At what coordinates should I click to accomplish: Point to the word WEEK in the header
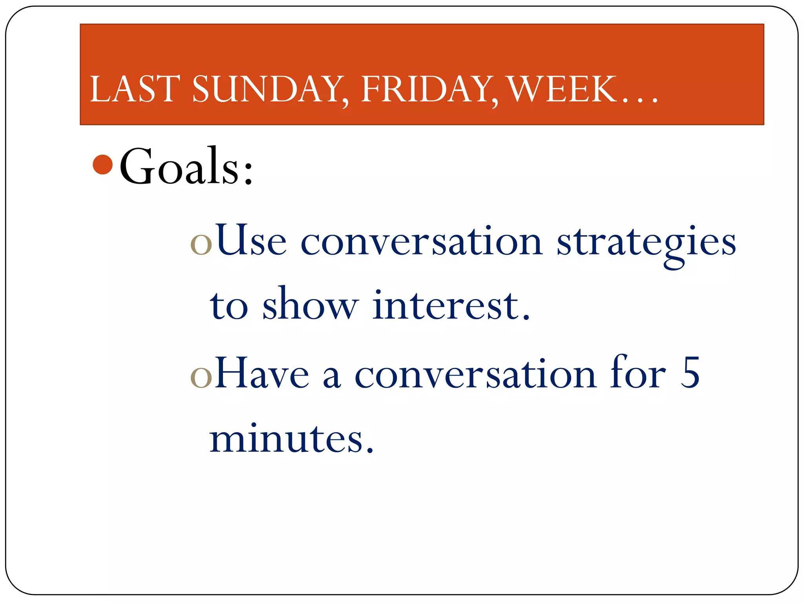pyautogui.click(x=561, y=89)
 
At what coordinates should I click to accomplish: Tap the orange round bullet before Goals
pyautogui.click(x=103, y=164)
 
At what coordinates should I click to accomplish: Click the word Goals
pyautogui.click(x=179, y=166)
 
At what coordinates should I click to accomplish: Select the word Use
pyautogui.click(x=251, y=240)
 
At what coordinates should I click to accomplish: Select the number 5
pyautogui.click(x=690, y=373)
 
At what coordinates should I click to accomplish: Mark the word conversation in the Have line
pyautogui.click(x=475, y=375)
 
